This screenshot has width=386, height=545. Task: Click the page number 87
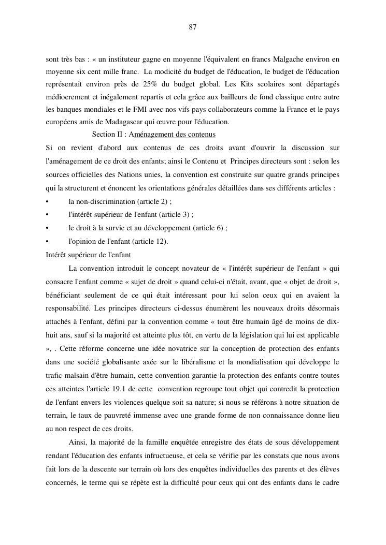(192, 27)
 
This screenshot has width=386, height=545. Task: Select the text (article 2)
(154, 201)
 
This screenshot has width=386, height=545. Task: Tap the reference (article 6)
(210, 228)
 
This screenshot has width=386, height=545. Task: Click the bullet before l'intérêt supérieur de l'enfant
(48, 215)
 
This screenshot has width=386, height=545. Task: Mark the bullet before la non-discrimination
(48, 201)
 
